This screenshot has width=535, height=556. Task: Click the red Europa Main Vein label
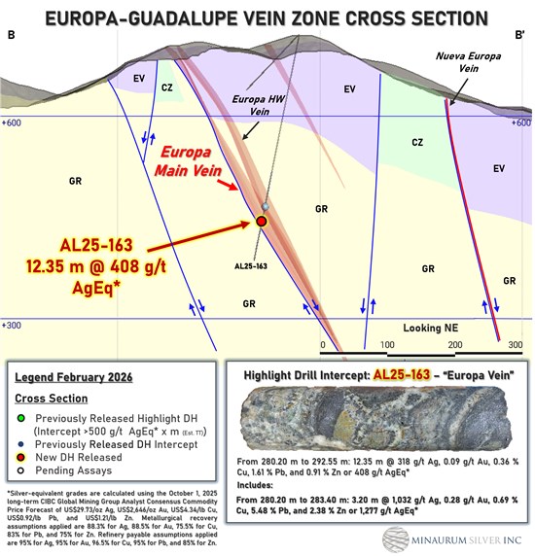194,163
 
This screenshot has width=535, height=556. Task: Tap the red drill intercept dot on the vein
261,223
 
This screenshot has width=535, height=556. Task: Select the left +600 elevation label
13,123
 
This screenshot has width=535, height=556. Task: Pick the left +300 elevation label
13,327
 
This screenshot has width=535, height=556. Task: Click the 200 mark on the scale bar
453,346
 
